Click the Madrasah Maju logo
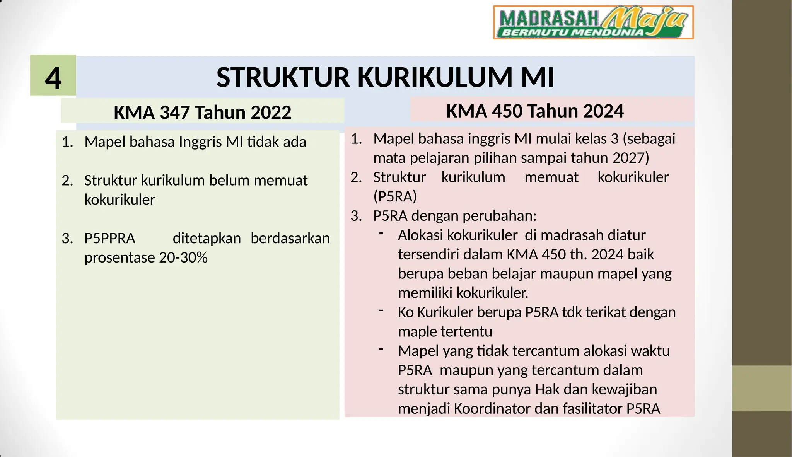tap(593, 22)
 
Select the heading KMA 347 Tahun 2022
tap(202, 113)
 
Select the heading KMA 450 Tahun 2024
tap(535, 111)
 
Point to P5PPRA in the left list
tap(110, 239)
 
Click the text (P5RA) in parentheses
tap(395, 196)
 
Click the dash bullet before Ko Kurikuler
tap(381, 310)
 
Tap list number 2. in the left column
tap(67, 181)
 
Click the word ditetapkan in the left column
tap(207, 239)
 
